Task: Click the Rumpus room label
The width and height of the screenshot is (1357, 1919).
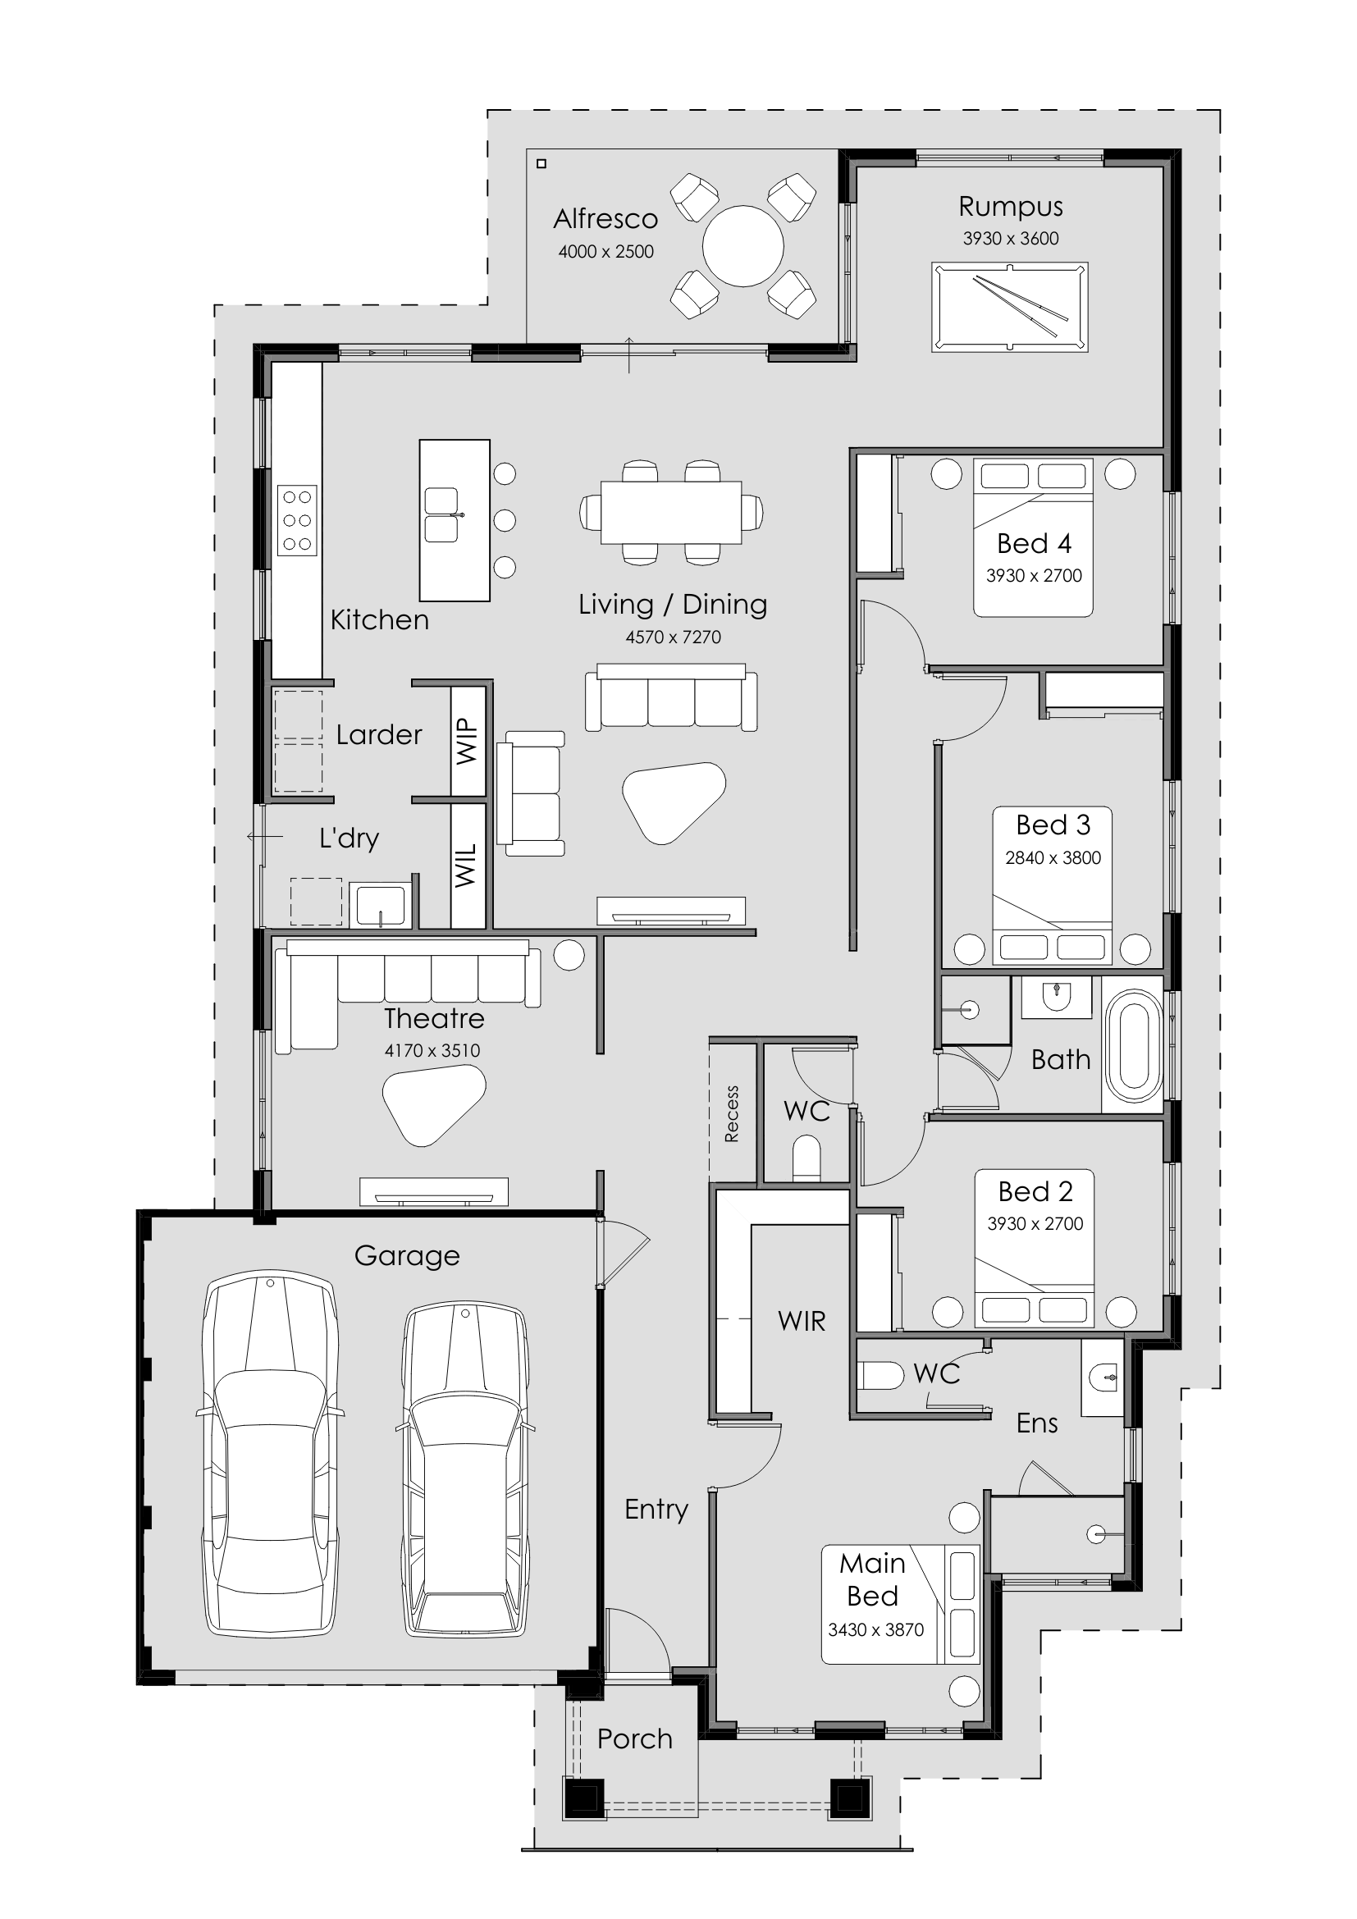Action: point(1010,208)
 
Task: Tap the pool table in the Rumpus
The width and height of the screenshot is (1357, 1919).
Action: point(1009,307)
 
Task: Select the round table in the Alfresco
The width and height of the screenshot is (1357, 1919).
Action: point(742,246)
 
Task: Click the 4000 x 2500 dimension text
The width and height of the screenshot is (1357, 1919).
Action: point(605,252)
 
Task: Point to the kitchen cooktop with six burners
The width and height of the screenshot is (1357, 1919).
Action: point(298,520)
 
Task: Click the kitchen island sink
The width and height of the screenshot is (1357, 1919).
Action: point(441,515)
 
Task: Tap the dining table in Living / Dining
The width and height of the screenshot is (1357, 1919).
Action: point(671,511)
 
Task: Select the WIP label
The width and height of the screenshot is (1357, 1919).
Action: point(467,741)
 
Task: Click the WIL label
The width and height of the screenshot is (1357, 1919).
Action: point(466,865)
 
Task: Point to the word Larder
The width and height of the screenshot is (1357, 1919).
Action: point(378,734)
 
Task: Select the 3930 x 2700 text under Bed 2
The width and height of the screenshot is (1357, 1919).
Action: point(1035,1223)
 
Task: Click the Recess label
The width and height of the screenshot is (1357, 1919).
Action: point(732,1113)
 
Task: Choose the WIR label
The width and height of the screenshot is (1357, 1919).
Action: point(802,1322)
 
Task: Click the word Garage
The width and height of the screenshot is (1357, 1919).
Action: point(407,1256)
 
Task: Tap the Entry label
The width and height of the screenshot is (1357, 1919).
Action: point(656,1510)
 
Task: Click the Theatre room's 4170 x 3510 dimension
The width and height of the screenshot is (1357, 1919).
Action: point(432,1051)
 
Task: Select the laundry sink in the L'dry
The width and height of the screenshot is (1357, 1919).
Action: point(379,904)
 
